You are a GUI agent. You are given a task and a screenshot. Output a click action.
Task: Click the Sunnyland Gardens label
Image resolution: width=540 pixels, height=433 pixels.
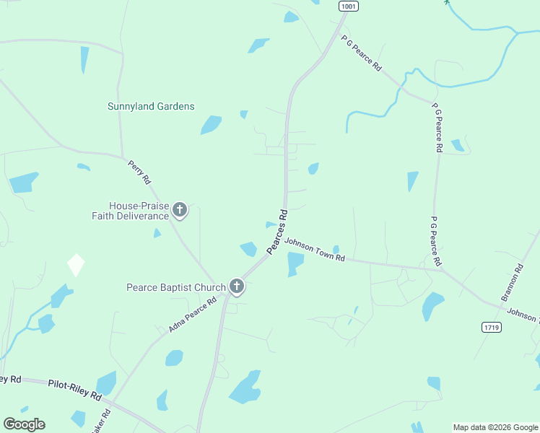coord(151,106)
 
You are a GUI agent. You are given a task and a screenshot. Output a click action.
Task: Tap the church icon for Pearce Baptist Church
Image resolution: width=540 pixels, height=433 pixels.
coord(236,287)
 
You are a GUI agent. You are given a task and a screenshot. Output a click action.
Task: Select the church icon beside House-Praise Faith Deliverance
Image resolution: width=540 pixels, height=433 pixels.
coord(180,210)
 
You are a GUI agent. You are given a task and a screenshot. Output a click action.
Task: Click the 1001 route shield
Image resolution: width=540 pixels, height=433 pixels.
coord(348,6)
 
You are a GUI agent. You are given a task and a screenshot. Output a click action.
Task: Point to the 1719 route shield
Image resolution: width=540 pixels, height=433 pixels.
coord(491,327)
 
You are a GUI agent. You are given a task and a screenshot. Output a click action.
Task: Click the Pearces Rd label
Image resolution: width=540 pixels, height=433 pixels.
coord(278,231)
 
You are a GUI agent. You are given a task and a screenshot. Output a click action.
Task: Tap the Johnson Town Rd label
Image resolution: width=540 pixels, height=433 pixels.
coord(315,250)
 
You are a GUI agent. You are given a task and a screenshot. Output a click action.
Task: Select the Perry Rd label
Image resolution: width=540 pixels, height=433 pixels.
coord(139,170)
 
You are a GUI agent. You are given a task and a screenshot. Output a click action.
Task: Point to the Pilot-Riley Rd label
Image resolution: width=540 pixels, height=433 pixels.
coord(75,387)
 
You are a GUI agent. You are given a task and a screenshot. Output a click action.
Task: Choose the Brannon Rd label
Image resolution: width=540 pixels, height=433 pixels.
coord(511,284)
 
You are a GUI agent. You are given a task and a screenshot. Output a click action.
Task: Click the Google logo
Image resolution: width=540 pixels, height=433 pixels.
coord(24,424)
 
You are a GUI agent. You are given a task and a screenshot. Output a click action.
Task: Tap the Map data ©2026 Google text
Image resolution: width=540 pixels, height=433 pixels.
coord(495,427)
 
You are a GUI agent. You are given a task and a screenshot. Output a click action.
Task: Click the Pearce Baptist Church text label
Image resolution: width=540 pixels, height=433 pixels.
coord(171,287)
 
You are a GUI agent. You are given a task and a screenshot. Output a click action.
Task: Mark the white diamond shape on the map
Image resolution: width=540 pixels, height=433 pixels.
coord(76,265)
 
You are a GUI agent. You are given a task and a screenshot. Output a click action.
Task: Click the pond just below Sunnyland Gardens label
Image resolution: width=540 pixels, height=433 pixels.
coord(211,125)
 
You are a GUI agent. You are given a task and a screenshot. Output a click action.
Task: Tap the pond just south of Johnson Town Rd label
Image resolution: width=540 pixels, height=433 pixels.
coord(295,264)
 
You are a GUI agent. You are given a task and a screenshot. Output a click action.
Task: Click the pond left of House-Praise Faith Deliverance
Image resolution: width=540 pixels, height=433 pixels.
coord(24,182)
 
